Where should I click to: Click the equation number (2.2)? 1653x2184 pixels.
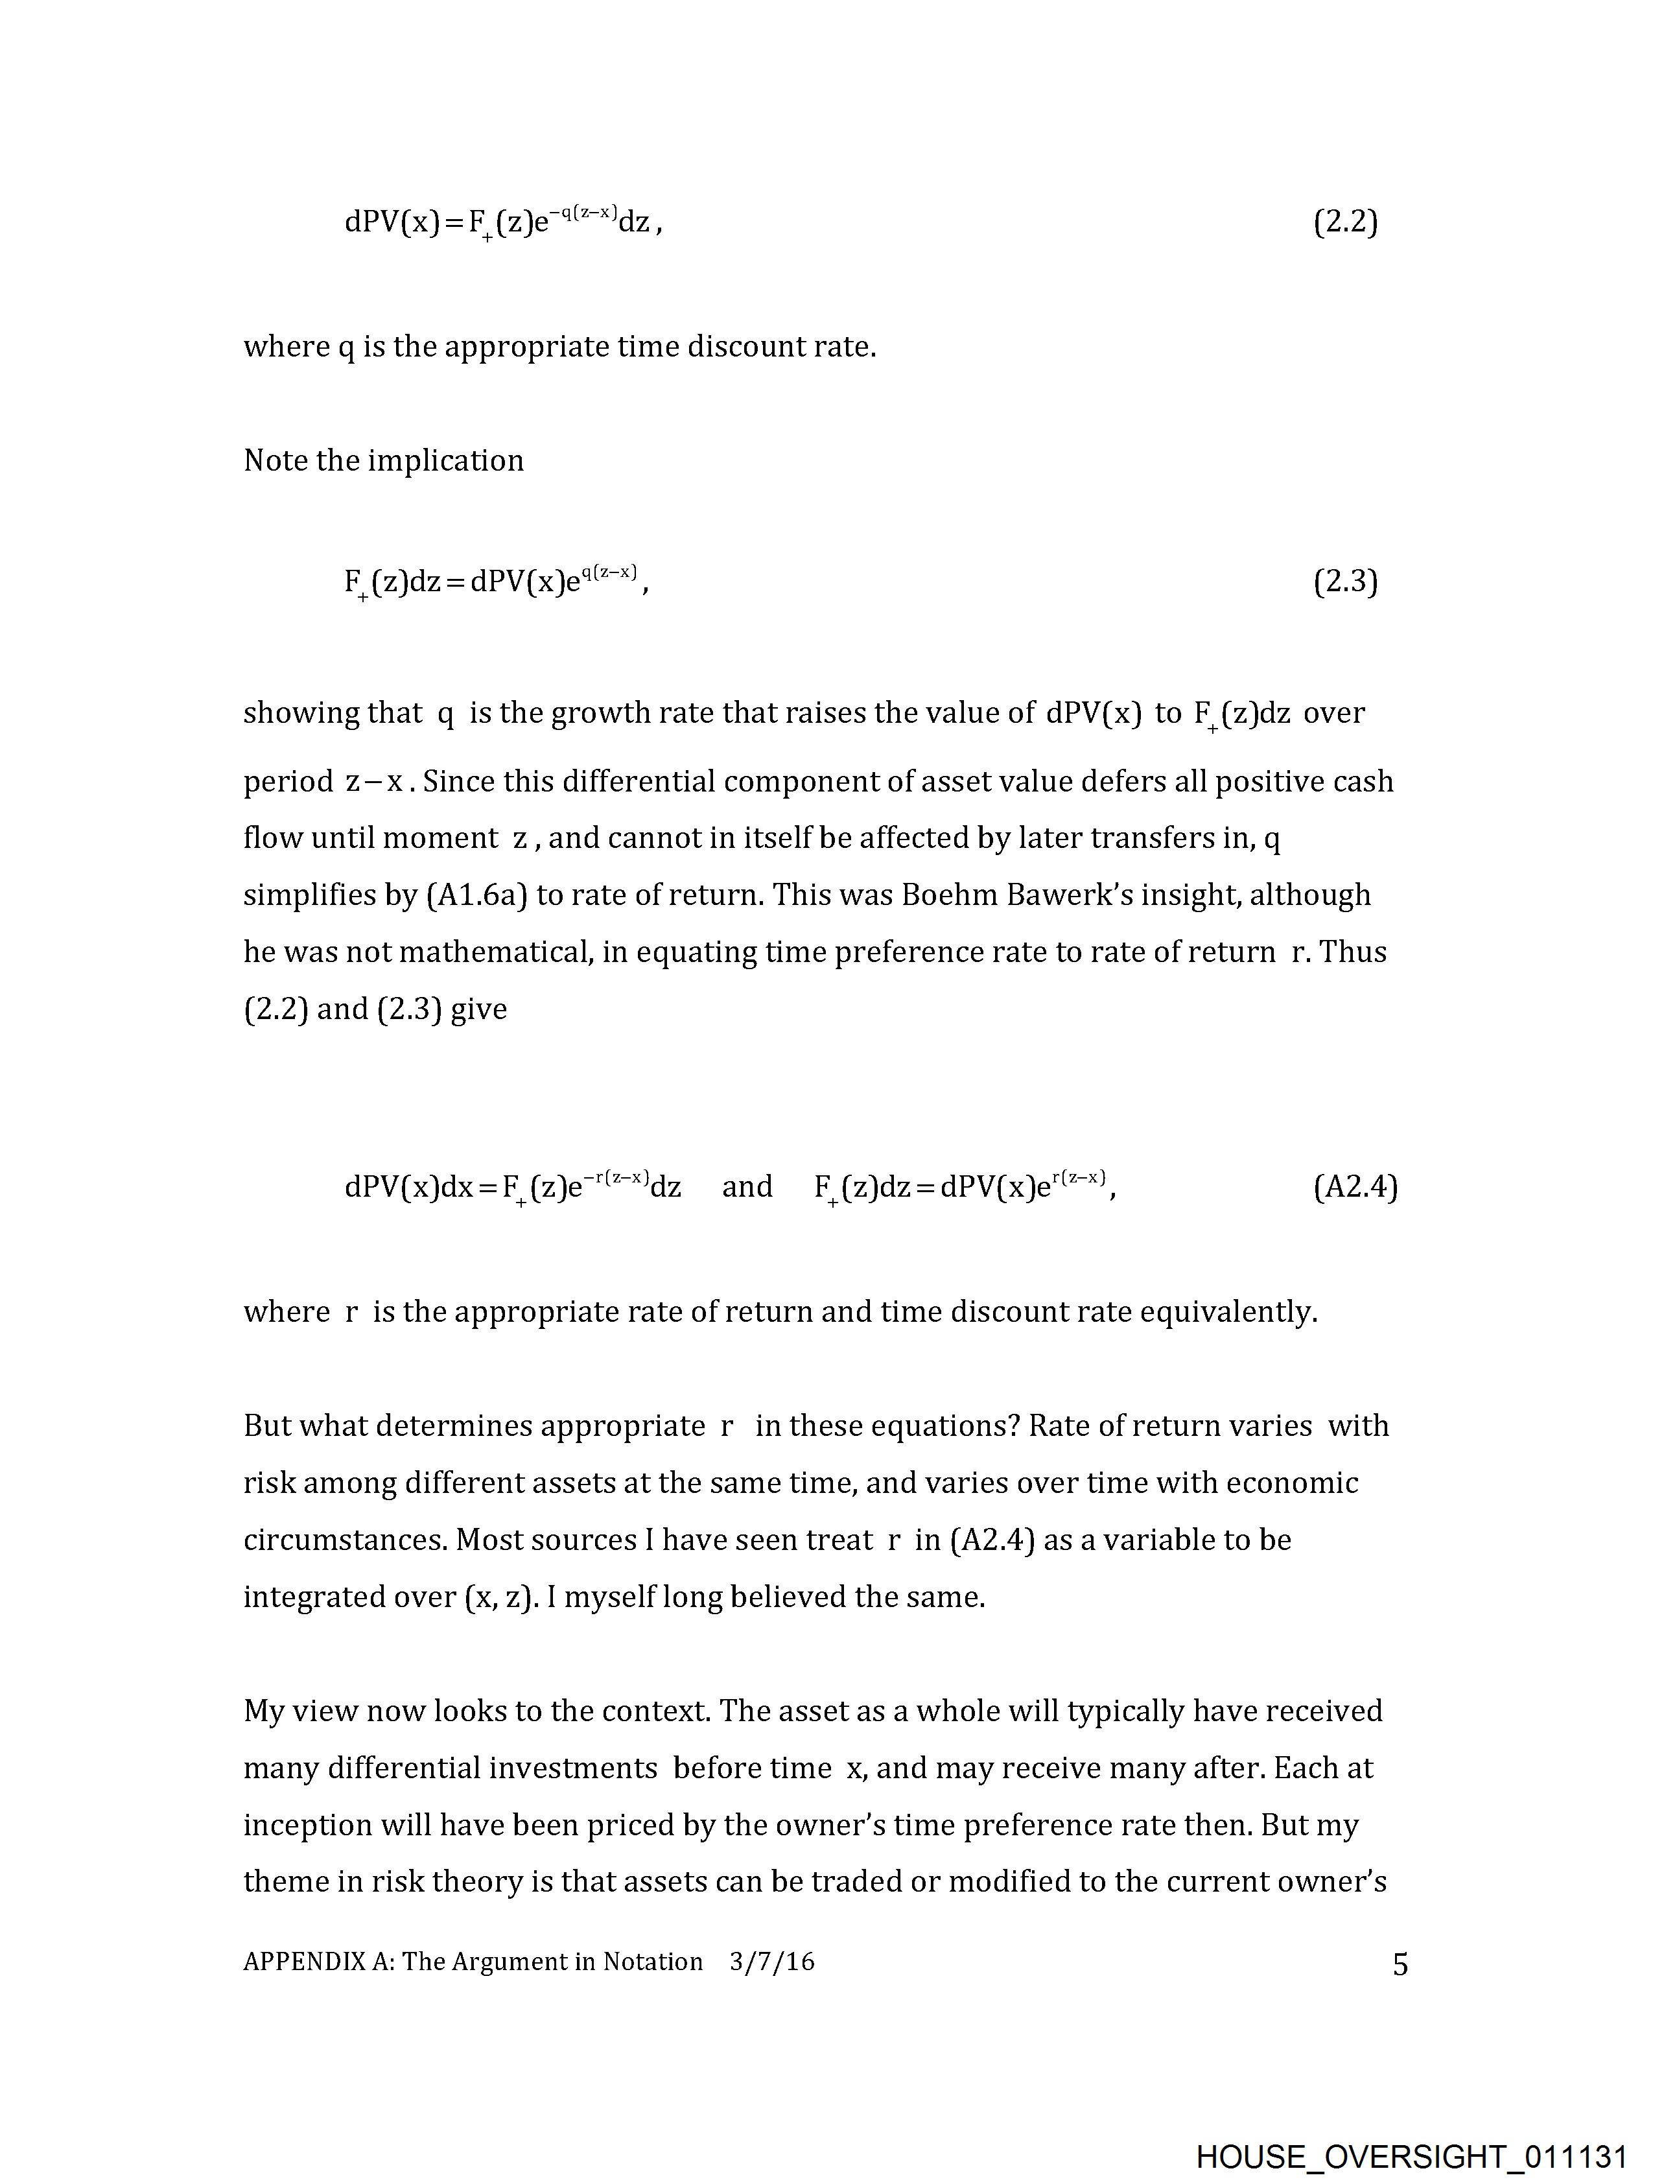(1345, 222)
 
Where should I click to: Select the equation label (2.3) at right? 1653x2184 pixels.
(1345, 581)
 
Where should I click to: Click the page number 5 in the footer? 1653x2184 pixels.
(1400, 1965)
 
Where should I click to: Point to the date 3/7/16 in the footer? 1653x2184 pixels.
(772, 1961)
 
